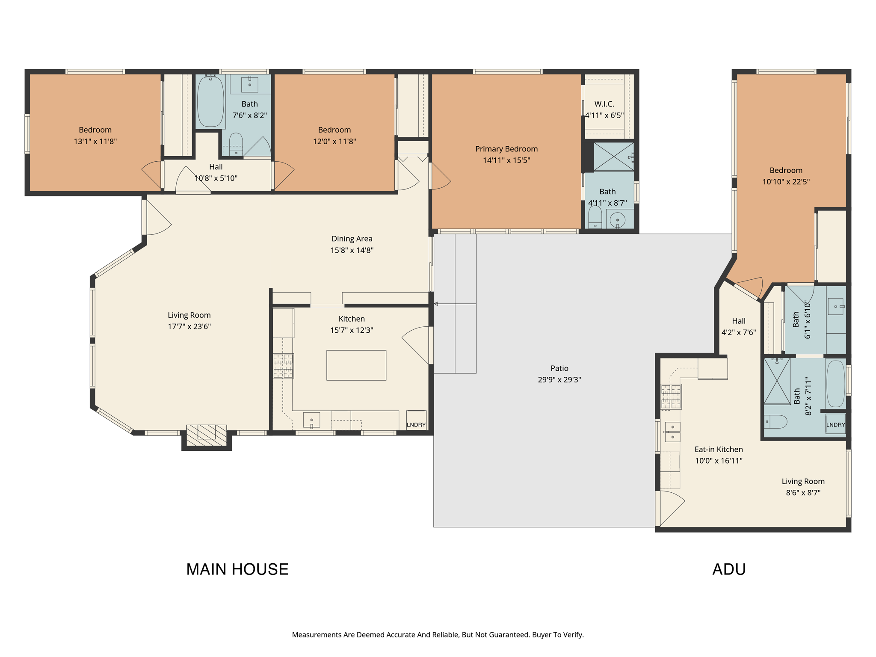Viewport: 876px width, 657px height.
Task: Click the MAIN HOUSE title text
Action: coord(237,569)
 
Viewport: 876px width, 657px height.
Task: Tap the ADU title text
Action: coord(729,569)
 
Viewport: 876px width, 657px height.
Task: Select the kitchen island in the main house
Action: coord(356,365)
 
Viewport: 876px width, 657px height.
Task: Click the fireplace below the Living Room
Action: coord(207,435)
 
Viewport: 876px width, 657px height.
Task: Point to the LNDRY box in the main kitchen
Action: coord(416,421)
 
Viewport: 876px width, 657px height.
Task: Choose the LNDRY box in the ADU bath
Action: coord(835,424)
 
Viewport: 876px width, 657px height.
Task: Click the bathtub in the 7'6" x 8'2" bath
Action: coord(210,101)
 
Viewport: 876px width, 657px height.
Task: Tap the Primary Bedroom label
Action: coord(506,149)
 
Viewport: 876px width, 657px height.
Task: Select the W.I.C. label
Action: coord(604,104)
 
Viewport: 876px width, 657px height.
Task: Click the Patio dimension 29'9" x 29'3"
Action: coord(559,380)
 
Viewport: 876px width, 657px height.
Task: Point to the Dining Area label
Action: coord(352,239)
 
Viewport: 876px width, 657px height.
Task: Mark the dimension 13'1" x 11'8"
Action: coord(95,141)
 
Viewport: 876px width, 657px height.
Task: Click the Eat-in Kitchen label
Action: coord(718,449)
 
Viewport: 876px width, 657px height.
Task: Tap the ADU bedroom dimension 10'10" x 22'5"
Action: coord(786,181)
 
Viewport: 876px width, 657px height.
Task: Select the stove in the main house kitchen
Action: coord(284,366)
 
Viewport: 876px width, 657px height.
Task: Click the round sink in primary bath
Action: coord(618,220)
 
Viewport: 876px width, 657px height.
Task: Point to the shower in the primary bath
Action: coord(613,157)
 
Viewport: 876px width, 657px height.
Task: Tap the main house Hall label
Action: coord(216,167)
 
